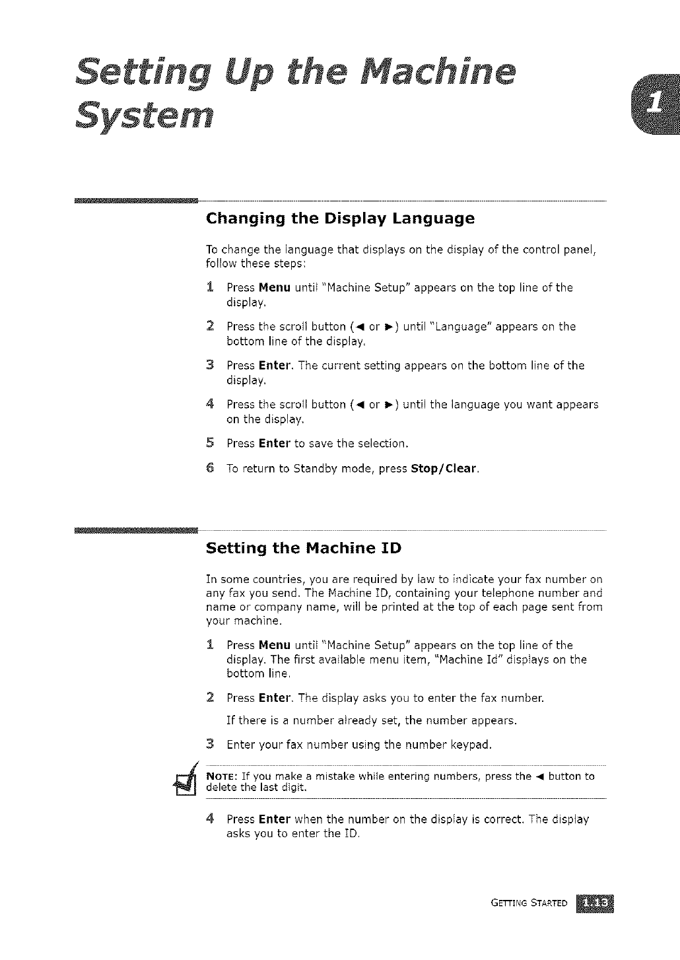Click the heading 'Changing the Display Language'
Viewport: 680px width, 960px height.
pos(340,218)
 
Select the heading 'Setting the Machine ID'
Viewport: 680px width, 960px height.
pos(304,548)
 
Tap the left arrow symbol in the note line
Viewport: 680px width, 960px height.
pos(539,776)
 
